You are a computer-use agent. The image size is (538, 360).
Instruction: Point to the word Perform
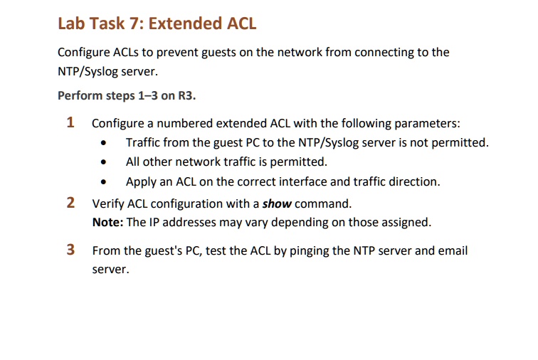pos(80,95)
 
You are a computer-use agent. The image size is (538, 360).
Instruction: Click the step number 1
pos(70,122)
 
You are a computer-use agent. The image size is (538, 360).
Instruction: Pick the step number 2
pos(70,203)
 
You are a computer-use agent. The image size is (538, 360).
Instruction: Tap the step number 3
pos(70,250)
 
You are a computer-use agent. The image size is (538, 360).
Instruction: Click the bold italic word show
pos(277,203)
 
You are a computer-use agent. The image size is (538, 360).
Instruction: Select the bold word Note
pos(107,222)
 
